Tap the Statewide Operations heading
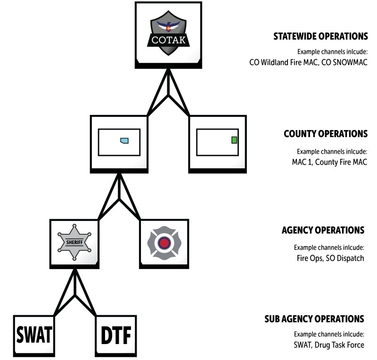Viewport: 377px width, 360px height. point(320,36)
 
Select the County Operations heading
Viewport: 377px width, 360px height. point(325,134)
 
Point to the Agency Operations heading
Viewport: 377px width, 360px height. point(323,230)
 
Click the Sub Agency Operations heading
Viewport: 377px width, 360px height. point(314,319)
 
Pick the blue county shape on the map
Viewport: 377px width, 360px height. point(124,140)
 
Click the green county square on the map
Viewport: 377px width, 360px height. point(234,140)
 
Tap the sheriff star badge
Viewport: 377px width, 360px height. point(75,242)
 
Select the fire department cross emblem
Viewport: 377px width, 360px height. point(164,243)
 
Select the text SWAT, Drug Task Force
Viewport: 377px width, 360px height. point(328,345)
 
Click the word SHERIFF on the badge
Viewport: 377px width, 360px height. point(75,243)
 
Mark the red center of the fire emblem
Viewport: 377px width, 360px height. point(164,243)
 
